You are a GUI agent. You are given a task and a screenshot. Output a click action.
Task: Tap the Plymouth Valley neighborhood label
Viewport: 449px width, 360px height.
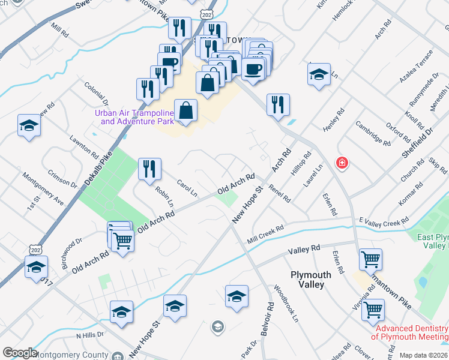point(310,280)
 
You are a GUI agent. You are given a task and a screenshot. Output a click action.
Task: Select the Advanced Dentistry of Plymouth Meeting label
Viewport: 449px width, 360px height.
point(412,332)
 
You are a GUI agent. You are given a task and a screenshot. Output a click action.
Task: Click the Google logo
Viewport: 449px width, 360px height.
point(20,353)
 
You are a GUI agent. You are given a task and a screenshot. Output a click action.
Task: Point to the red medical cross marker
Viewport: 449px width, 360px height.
point(342,163)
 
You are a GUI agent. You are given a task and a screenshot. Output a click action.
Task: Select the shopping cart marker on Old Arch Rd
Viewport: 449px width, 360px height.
point(122,241)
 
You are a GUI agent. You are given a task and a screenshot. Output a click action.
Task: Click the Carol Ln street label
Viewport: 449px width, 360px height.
point(187,188)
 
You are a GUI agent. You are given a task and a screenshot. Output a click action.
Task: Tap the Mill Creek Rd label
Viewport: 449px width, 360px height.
point(265,235)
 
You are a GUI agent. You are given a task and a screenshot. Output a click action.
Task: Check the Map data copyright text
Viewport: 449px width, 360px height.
point(424,355)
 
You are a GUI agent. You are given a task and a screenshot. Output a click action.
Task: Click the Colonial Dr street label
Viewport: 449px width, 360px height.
point(96,95)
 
